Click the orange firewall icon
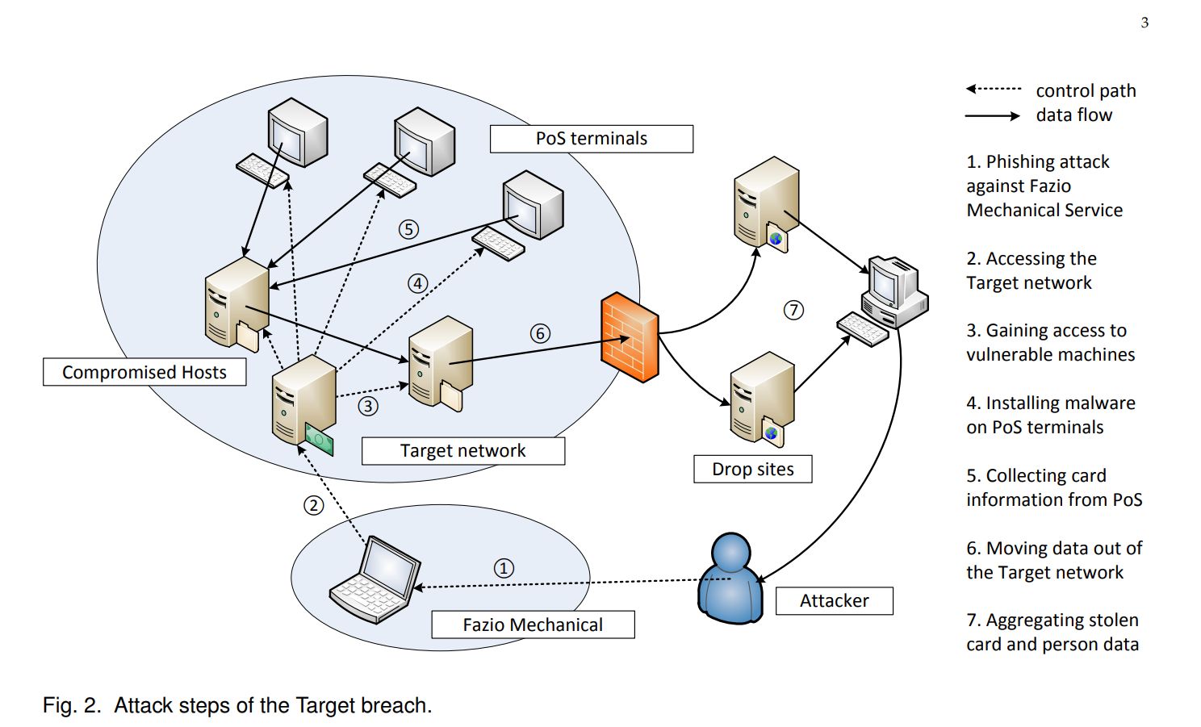tap(630, 337)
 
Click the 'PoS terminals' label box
tap(591, 139)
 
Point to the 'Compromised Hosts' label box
tap(144, 372)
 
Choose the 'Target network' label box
tap(462, 451)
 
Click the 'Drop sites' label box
tap(752, 470)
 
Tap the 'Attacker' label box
tap(834, 601)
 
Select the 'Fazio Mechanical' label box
tap(533, 625)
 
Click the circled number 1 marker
tap(504, 568)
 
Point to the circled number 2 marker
tap(313, 506)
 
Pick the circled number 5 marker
tap(408, 229)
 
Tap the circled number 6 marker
tap(540, 333)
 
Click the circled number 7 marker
tap(793, 310)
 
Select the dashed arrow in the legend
tap(994, 89)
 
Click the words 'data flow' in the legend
tap(1073, 115)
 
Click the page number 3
tap(1145, 23)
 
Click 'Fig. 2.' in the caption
tap(72, 705)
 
